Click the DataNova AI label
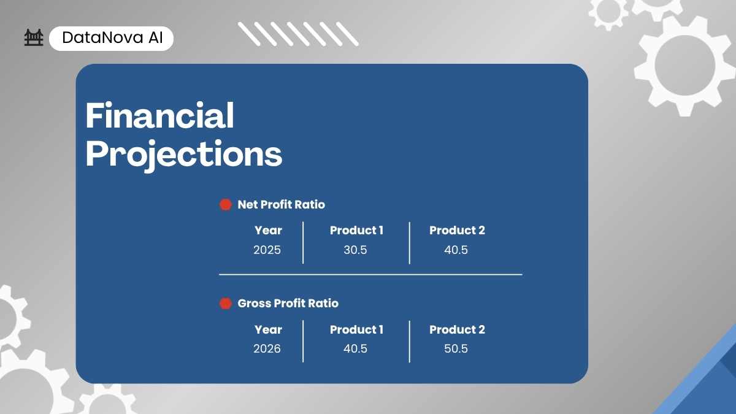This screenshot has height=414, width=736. pos(112,37)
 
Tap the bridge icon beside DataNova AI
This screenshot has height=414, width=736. pos(34,37)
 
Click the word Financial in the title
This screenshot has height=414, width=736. pos(159,115)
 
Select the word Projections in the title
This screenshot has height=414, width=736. pos(184,154)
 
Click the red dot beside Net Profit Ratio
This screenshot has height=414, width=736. pos(226,204)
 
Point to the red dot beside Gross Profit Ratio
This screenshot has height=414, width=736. pos(226,303)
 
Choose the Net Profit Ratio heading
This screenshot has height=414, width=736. pos(282,204)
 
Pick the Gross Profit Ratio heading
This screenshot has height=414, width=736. pos(288,303)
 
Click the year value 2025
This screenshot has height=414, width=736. pos(267,250)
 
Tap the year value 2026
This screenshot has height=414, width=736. pos(267,348)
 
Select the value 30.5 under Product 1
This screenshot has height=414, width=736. pos(355,250)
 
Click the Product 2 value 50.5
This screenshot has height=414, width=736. pos(456,348)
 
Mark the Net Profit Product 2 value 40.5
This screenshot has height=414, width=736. pos(456,250)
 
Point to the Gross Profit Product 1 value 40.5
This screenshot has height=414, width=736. pos(355,348)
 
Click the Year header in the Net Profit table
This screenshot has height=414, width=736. pos(268,231)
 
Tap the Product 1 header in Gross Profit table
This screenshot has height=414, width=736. pos(356,329)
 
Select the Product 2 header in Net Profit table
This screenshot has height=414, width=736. pos(457,231)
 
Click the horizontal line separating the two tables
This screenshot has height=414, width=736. pos(370,274)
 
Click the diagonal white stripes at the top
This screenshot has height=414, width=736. pos(298,34)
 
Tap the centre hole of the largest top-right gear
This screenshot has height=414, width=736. pos(684,66)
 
